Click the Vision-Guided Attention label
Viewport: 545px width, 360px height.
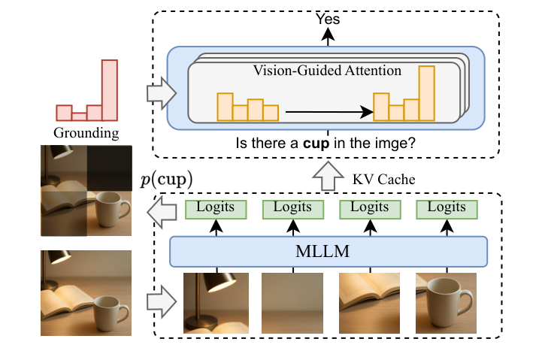coord(328,71)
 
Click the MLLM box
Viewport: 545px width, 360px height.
coord(329,251)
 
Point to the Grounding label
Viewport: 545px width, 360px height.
coord(86,135)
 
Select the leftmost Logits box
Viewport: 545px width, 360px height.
coord(216,207)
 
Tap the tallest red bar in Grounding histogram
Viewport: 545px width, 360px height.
coord(110,89)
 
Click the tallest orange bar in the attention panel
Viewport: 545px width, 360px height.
coord(427,93)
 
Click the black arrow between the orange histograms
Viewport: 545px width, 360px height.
coord(329,113)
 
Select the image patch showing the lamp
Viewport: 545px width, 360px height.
coord(216,301)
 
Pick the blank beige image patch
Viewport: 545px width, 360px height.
coord(292,301)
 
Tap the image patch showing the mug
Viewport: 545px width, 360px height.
coord(447,301)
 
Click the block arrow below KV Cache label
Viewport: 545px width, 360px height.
coord(327,178)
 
